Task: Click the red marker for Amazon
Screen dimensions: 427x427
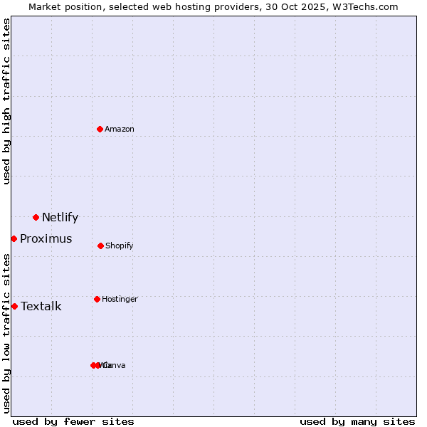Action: [100, 129]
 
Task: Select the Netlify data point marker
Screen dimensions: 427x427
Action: [36, 217]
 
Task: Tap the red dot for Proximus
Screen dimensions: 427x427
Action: [14, 238]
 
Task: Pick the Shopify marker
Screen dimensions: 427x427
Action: [100, 246]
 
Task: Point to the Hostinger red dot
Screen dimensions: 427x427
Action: [97, 299]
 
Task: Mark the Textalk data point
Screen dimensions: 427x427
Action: [14, 306]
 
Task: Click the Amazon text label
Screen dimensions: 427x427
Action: [120, 129]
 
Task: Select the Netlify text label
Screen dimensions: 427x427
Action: [60, 218]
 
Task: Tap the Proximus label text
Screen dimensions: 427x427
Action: [46, 239]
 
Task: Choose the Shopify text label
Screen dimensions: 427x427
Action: [120, 246]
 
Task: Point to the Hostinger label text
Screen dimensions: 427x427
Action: [120, 299]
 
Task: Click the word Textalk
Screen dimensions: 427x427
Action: [41, 307]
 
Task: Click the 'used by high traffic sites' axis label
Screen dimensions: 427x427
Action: [6, 101]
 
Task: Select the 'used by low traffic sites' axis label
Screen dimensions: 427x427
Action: [6, 333]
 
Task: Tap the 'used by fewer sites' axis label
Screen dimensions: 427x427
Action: [73, 421]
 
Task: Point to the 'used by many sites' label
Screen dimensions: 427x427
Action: [357, 421]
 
